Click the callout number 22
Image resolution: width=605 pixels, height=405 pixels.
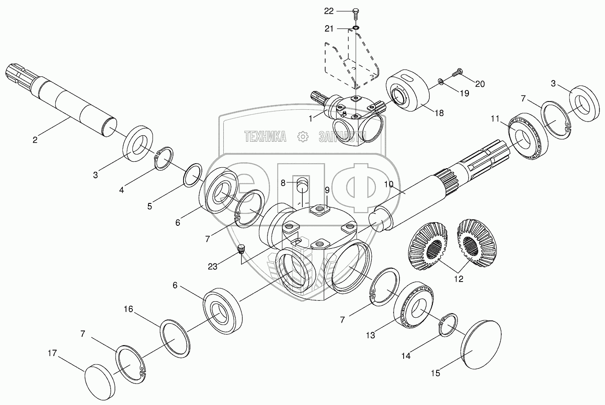click(x=342, y=11)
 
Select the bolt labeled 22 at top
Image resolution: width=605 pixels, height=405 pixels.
click(x=355, y=13)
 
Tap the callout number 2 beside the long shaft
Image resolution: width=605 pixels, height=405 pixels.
click(x=35, y=140)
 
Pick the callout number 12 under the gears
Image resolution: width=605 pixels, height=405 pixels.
click(x=459, y=279)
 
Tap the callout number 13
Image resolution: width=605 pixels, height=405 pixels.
click(x=370, y=335)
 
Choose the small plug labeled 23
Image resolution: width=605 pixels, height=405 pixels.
click(x=242, y=249)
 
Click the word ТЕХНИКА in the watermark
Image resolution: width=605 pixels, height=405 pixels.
click(x=265, y=136)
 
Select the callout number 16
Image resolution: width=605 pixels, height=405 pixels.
click(x=128, y=309)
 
